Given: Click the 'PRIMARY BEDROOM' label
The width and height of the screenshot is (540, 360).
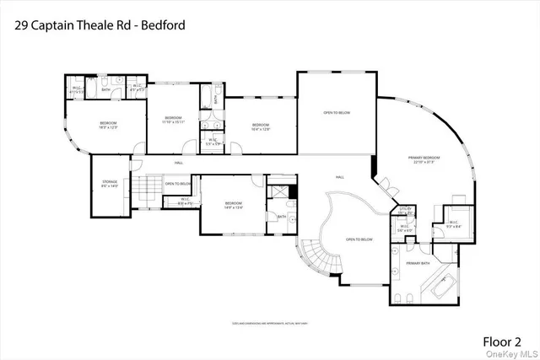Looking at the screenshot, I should click(425, 159).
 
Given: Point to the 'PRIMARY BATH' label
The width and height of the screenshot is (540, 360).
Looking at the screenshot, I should click(411, 263).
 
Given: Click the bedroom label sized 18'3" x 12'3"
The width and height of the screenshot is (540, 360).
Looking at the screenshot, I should click(108, 126).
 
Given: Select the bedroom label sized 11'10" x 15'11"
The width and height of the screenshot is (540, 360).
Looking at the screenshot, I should click(173, 120).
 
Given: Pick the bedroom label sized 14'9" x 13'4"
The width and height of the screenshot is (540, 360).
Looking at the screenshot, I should click(234, 206).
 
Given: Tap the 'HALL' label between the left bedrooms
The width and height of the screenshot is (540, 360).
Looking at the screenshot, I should click(179, 163).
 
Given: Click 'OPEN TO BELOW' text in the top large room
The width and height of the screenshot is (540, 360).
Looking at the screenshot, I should click(337, 111).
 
